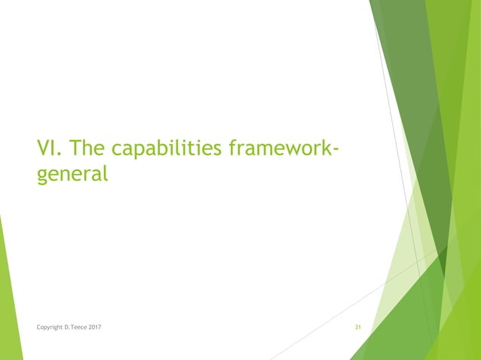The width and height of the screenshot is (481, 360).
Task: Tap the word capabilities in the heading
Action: click(x=158, y=150)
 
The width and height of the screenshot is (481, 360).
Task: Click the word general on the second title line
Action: click(x=72, y=175)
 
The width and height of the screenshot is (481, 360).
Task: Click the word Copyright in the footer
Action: click(x=51, y=328)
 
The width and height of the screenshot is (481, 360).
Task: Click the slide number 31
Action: click(x=358, y=328)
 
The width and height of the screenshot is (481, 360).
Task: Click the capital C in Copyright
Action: click(x=38, y=328)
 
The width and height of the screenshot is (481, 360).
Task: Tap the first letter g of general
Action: click(x=43, y=176)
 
